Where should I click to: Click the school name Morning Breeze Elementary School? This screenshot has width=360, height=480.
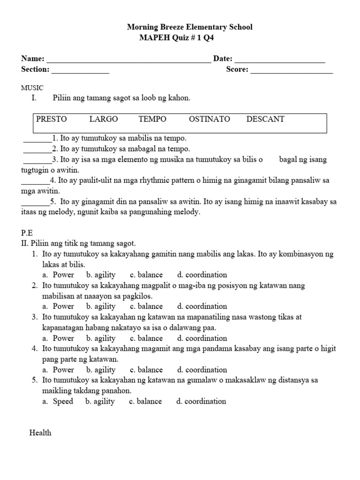(189, 27)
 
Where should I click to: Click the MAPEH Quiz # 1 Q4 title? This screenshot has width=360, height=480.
(176, 38)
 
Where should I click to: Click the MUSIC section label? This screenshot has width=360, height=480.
(32, 88)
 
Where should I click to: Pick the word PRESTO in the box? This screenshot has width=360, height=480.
(52, 119)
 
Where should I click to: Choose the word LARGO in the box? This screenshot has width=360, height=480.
(104, 119)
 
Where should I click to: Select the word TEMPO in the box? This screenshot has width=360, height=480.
(152, 119)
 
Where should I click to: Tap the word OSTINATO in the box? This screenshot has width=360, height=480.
(210, 119)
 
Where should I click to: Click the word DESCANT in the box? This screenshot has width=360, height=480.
(265, 119)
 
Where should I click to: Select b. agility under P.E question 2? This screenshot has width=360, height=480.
(101, 307)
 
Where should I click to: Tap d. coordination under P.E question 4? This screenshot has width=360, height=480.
(202, 370)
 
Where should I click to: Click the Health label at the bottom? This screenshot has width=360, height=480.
(40, 433)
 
